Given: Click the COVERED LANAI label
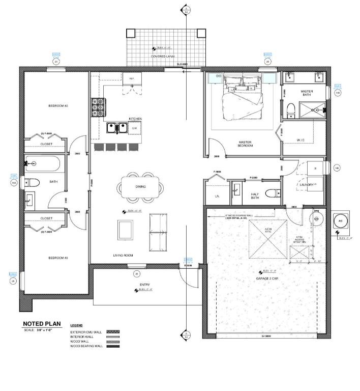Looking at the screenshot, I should click(163, 56).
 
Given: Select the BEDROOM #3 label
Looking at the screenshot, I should click(58, 258).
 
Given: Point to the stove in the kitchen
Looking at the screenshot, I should click(97, 107).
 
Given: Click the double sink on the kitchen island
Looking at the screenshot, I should click(117, 128).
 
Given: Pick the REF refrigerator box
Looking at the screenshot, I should click(132, 78).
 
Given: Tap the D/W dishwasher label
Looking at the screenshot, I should click(135, 128).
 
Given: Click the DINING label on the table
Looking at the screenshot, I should click(140, 187).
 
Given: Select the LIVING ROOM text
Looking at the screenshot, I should click(123, 255).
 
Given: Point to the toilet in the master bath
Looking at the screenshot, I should click(291, 109).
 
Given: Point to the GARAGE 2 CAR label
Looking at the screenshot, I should click(266, 278).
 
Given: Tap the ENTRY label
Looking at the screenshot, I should click(144, 284).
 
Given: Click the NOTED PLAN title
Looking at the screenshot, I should click(41, 324).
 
